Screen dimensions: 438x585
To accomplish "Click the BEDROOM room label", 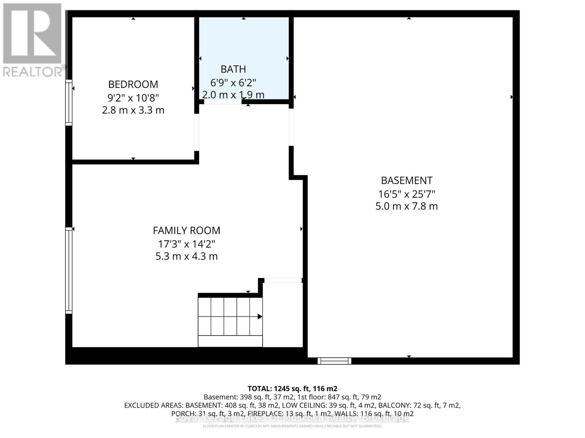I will (x=133, y=84).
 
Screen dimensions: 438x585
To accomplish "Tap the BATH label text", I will (x=233, y=69).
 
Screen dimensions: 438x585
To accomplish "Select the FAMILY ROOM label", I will (x=186, y=230).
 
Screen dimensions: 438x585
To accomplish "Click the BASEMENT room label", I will (x=407, y=180).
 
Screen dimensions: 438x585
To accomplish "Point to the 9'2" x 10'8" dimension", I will (x=133, y=97).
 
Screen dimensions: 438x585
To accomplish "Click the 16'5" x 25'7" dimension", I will (x=407, y=194).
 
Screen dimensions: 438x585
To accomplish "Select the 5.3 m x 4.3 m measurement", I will (x=186, y=256).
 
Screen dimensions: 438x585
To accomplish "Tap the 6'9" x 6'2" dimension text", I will (x=233, y=82).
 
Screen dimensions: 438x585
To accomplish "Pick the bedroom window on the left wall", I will (x=68, y=103).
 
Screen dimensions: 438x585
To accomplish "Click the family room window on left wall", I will (x=68, y=270).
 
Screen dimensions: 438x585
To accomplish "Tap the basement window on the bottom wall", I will (x=334, y=361).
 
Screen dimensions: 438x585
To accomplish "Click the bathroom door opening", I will (x=222, y=102).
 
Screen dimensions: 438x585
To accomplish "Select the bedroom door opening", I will (x=196, y=132).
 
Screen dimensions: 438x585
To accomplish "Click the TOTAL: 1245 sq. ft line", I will (x=292, y=389).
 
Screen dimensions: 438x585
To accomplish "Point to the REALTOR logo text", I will (x=33, y=72).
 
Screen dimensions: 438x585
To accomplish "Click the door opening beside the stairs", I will (x=283, y=280).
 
